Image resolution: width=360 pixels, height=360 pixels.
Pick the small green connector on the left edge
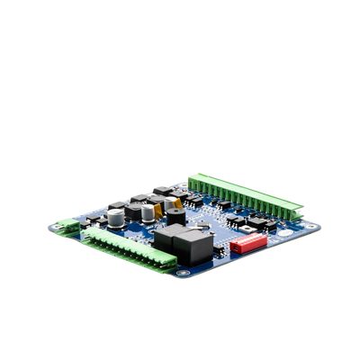pyautogui.click(x=65, y=227)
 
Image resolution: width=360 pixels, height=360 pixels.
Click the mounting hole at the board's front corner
pyautogui.click(x=184, y=273)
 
